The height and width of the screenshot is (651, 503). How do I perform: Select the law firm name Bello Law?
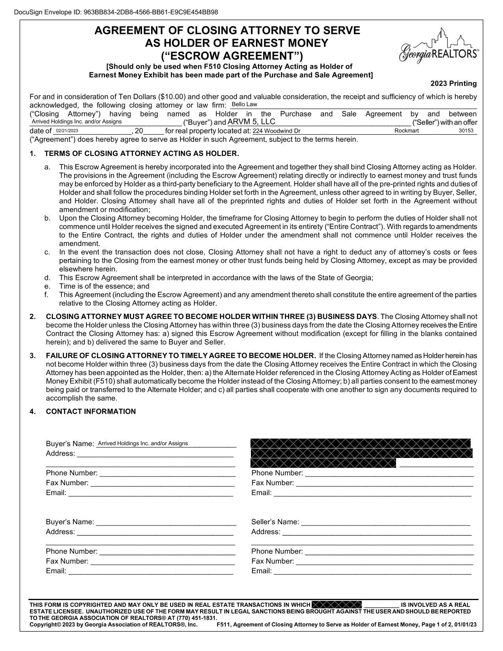pos(244,105)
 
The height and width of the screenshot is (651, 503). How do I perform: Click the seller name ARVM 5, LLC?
pos(251,122)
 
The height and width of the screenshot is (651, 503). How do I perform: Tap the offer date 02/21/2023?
pos(67,131)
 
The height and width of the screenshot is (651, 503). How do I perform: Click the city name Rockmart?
pos(406,131)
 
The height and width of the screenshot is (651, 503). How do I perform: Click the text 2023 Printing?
pos(453,84)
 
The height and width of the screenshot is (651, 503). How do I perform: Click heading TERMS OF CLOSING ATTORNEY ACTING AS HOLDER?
pos(142,154)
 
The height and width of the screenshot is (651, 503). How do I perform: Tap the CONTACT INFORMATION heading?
pos(91,412)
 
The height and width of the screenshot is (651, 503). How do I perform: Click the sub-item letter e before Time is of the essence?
pos(47,286)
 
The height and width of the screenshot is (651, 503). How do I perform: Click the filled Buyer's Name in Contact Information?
pos(143,443)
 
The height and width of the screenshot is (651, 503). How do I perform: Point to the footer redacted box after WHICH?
pos(336,604)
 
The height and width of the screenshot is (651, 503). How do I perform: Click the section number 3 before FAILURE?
pos(32,356)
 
